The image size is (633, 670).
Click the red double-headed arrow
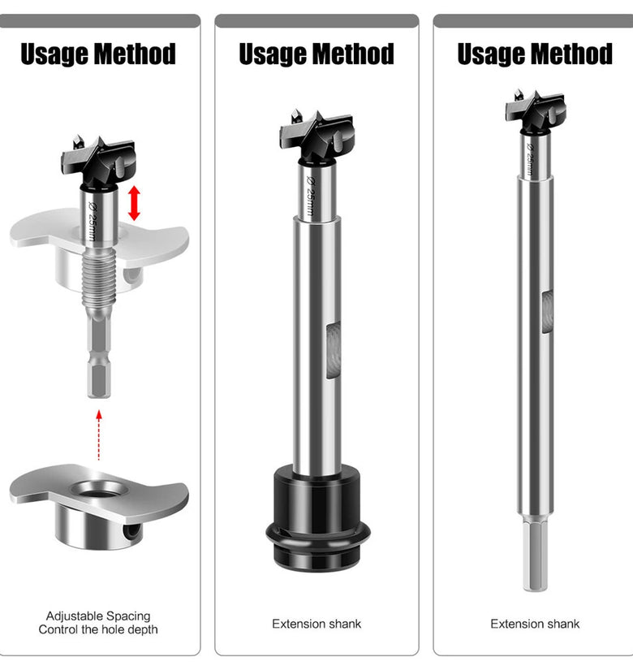(x=134, y=203)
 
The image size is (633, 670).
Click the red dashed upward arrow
(x=99, y=435)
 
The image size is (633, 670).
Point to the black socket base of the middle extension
(x=318, y=518)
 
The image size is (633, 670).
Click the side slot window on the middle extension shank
(x=334, y=350)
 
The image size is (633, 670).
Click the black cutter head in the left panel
(x=98, y=162)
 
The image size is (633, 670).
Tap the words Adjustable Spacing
(x=98, y=616)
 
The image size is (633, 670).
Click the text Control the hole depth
(x=98, y=629)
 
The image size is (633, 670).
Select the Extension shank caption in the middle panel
(x=316, y=624)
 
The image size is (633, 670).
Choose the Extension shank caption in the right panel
(x=535, y=624)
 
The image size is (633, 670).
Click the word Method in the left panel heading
(x=135, y=54)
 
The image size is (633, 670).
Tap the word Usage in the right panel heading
(x=484, y=54)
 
